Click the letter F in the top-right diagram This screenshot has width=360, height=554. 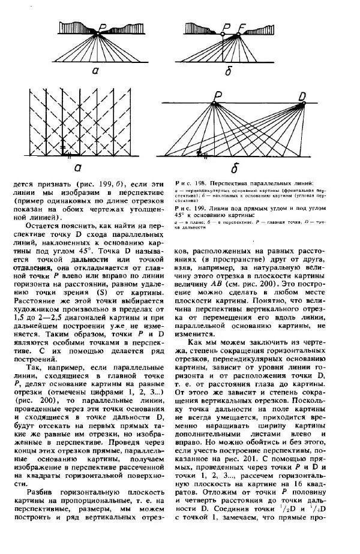(242, 27)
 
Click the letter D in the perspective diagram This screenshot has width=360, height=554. (302, 95)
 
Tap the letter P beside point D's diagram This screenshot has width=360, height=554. (217, 96)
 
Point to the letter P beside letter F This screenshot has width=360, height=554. (226, 27)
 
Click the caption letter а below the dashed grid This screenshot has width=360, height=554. (77, 168)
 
